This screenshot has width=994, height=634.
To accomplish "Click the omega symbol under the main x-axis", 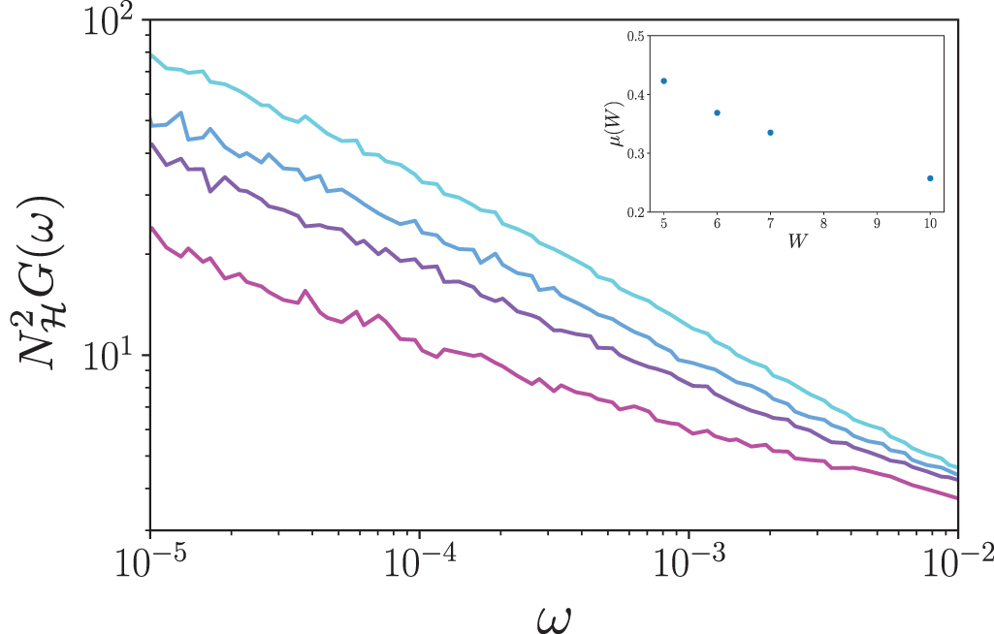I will (x=555, y=613).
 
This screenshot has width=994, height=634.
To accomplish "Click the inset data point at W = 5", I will (x=664, y=80).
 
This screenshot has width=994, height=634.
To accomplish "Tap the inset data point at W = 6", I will (x=718, y=112).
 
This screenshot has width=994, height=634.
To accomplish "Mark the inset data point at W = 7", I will (x=770, y=133).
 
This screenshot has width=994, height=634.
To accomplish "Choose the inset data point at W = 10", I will (x=930, y=178).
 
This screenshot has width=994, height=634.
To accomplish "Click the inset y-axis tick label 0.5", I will (x=636, y=36).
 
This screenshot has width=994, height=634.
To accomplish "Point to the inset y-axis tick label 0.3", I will (x=636, y=153).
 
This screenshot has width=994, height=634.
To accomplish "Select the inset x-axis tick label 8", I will (x=823, y=223).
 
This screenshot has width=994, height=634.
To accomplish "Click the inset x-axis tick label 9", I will (x=877, y=223).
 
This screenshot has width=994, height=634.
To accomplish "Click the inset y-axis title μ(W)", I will (x=612, y=123).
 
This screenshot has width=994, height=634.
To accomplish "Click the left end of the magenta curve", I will (x=151, y=229).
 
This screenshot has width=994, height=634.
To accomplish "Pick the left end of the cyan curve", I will (x=151, y=54).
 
